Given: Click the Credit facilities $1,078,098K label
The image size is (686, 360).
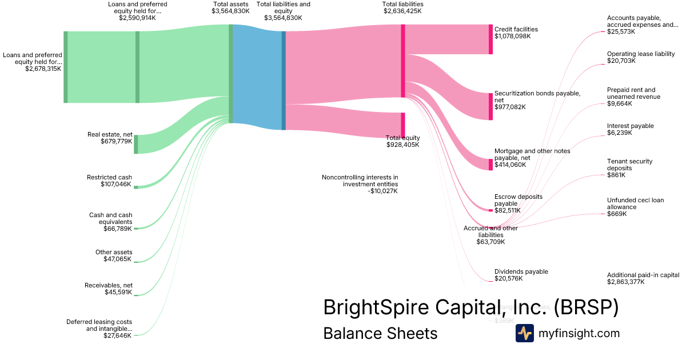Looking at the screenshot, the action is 516,33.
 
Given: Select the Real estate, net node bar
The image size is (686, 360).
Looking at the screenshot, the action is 136,144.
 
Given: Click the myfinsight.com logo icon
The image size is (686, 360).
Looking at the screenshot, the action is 524,333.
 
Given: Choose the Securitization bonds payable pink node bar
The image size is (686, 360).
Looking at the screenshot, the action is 490,106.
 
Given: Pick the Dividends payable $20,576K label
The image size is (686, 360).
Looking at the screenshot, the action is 521,275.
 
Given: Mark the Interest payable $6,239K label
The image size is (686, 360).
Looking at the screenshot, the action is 630,129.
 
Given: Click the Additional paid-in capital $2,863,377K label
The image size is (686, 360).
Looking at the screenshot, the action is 643,278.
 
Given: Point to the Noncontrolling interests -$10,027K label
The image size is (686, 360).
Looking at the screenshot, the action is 360,184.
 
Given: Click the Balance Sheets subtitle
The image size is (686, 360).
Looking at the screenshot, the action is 380,333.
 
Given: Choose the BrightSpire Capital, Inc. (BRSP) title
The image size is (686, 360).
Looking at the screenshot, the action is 470,307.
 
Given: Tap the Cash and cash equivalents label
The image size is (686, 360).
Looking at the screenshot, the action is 110,222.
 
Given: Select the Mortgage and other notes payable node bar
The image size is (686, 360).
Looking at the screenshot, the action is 490,165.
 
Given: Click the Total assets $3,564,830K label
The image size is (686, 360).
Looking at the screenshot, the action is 230,7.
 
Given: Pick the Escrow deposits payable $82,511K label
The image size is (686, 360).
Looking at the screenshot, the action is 518,203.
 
